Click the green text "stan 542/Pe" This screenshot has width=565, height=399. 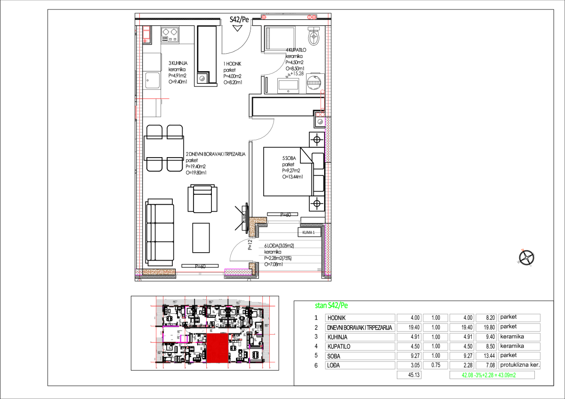click(331, 306)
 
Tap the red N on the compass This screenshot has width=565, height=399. click(523, 250)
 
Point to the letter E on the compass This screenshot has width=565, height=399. click(533, 254)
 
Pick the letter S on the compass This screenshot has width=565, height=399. click(530, 265)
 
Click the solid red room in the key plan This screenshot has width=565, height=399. click(218, 348)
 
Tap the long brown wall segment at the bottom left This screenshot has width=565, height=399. click(159, 272)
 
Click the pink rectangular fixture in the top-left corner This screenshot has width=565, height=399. click(146, 33)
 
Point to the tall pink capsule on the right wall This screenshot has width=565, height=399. click(323, 100)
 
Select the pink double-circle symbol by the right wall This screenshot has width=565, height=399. click(320, 114)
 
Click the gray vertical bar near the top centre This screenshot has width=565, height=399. click(268, 38)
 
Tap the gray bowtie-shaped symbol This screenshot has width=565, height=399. click(288, 76)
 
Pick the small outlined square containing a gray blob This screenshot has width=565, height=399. click(203, 78)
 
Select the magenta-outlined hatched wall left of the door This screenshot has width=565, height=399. click(238, 271)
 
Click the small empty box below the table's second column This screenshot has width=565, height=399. click(409, 375)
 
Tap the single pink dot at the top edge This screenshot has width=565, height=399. click(264, 17)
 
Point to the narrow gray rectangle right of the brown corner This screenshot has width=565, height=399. click(283, 222)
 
